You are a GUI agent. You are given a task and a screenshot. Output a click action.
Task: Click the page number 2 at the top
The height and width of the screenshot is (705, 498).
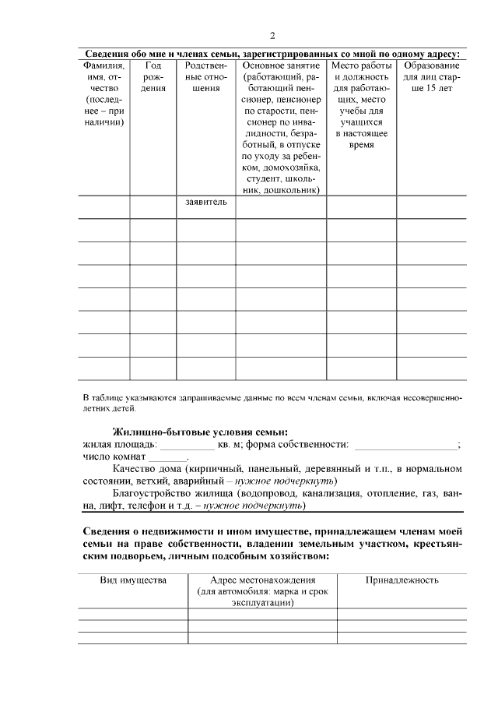click(x=272, y=36)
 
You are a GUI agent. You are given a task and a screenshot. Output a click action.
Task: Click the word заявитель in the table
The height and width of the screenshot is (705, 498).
click(x=206, y=203)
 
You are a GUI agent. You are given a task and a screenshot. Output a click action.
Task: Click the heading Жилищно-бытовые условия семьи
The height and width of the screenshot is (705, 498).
click(x=200, y=432)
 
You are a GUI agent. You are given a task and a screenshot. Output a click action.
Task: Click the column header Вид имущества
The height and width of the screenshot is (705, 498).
click(x=133, y=580)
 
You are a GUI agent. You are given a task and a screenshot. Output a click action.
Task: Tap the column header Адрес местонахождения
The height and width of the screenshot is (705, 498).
click(x=262, y=580)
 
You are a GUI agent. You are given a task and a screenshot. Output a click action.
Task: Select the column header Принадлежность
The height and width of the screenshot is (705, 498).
click(x=402, y=580)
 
